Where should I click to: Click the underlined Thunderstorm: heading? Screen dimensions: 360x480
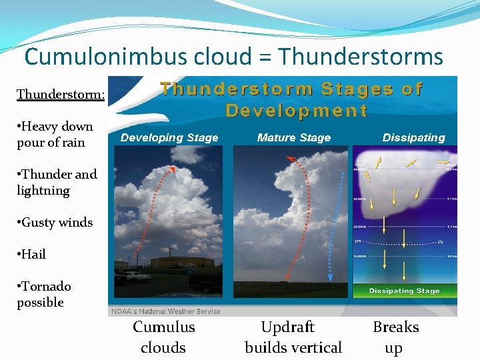pos(60,94)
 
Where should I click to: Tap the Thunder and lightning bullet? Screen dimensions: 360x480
pos(57,182)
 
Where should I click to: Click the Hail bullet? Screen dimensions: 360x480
pos(33,254)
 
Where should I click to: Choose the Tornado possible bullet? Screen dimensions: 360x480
pos(45,294)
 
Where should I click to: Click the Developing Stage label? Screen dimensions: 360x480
pos(169,138)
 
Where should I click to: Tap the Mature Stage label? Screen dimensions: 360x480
pos(293,138)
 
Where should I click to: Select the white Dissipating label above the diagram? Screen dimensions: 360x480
pos(413,138)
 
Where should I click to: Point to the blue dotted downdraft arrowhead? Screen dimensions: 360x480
pos(331,280)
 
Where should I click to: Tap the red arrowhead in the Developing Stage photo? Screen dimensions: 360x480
pos(173,168)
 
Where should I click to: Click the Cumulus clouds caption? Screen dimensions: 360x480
pos(164,337)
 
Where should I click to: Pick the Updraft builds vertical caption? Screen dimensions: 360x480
pos(293,337)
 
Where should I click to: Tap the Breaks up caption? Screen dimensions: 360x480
pos(395,337)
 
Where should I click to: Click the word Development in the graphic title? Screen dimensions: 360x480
pos(296,111)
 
